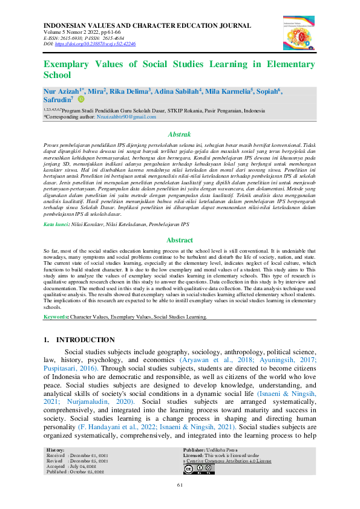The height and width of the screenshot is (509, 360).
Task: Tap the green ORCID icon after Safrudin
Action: pos(81,100)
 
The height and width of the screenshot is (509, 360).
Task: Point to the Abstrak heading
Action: pos(179,134)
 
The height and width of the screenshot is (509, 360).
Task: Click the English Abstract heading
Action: pos(179,240)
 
